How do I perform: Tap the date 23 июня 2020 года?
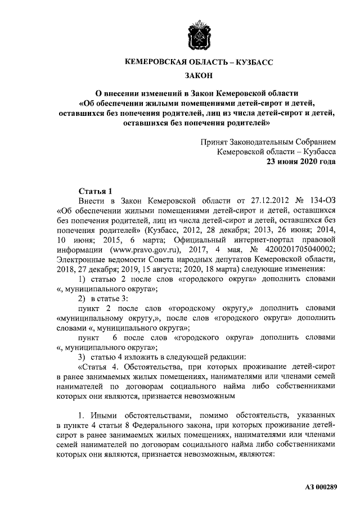[301, 163]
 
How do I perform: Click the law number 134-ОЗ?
[321, 200]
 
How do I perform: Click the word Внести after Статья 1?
[91, 200]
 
